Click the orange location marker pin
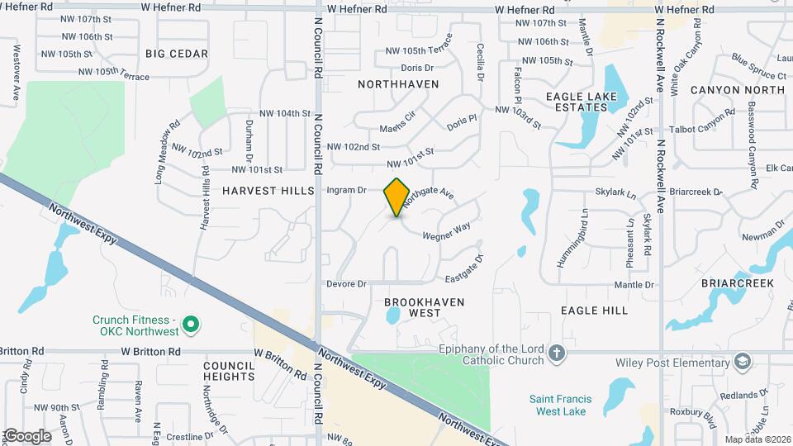coord(396,197)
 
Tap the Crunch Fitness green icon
coord(192,325)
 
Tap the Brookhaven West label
coord(425,307)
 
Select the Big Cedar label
coord(176,54)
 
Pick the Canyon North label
coord(737,90)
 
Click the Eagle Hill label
coord(594,311)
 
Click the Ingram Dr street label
coord(346,190)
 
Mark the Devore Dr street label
coord(346,284)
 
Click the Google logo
coord(27,436)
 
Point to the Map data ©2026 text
coord(757,439)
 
